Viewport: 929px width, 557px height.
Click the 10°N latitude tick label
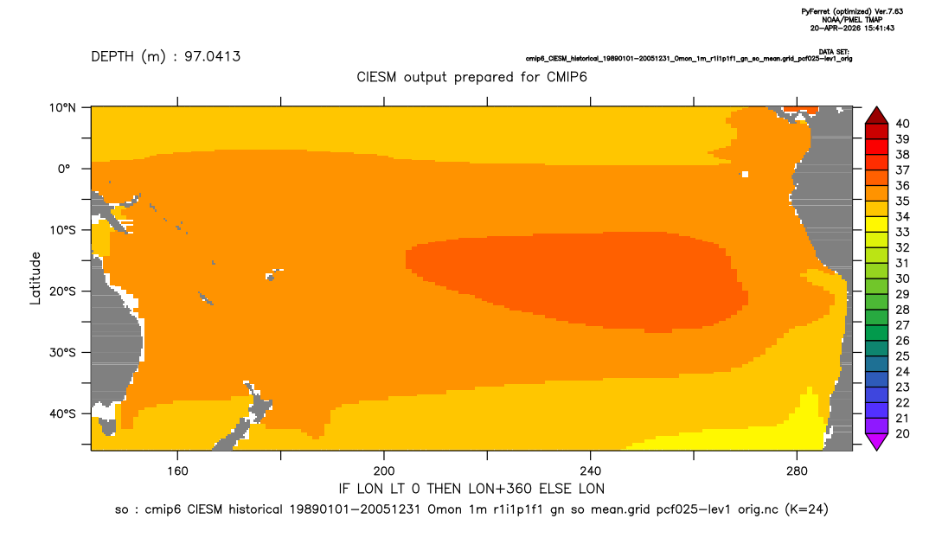point(62,107)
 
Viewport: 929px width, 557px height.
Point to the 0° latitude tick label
point(64,169)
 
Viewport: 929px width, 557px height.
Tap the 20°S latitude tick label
point(62,291)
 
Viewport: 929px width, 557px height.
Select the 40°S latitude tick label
point(62,413)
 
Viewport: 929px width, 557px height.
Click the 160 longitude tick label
point(177,471)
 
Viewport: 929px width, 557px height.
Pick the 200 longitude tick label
point(384,471)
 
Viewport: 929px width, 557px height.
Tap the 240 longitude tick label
point(591,471)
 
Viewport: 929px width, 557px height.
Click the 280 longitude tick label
point(797,471)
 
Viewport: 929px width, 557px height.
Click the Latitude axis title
point(35,278)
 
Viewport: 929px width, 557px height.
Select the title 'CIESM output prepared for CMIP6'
point(471,78)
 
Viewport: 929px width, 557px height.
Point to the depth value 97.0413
point(212,57)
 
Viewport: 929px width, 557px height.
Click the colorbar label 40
point(902,124)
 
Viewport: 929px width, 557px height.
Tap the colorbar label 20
point(902,433)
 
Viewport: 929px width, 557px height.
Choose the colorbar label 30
point(902,278)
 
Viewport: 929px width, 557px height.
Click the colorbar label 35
point(902,201)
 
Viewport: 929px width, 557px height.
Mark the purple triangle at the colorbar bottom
point(877,441)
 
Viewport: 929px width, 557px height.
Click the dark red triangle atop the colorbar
point(877,116)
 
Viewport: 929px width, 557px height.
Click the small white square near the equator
point(745,174)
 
